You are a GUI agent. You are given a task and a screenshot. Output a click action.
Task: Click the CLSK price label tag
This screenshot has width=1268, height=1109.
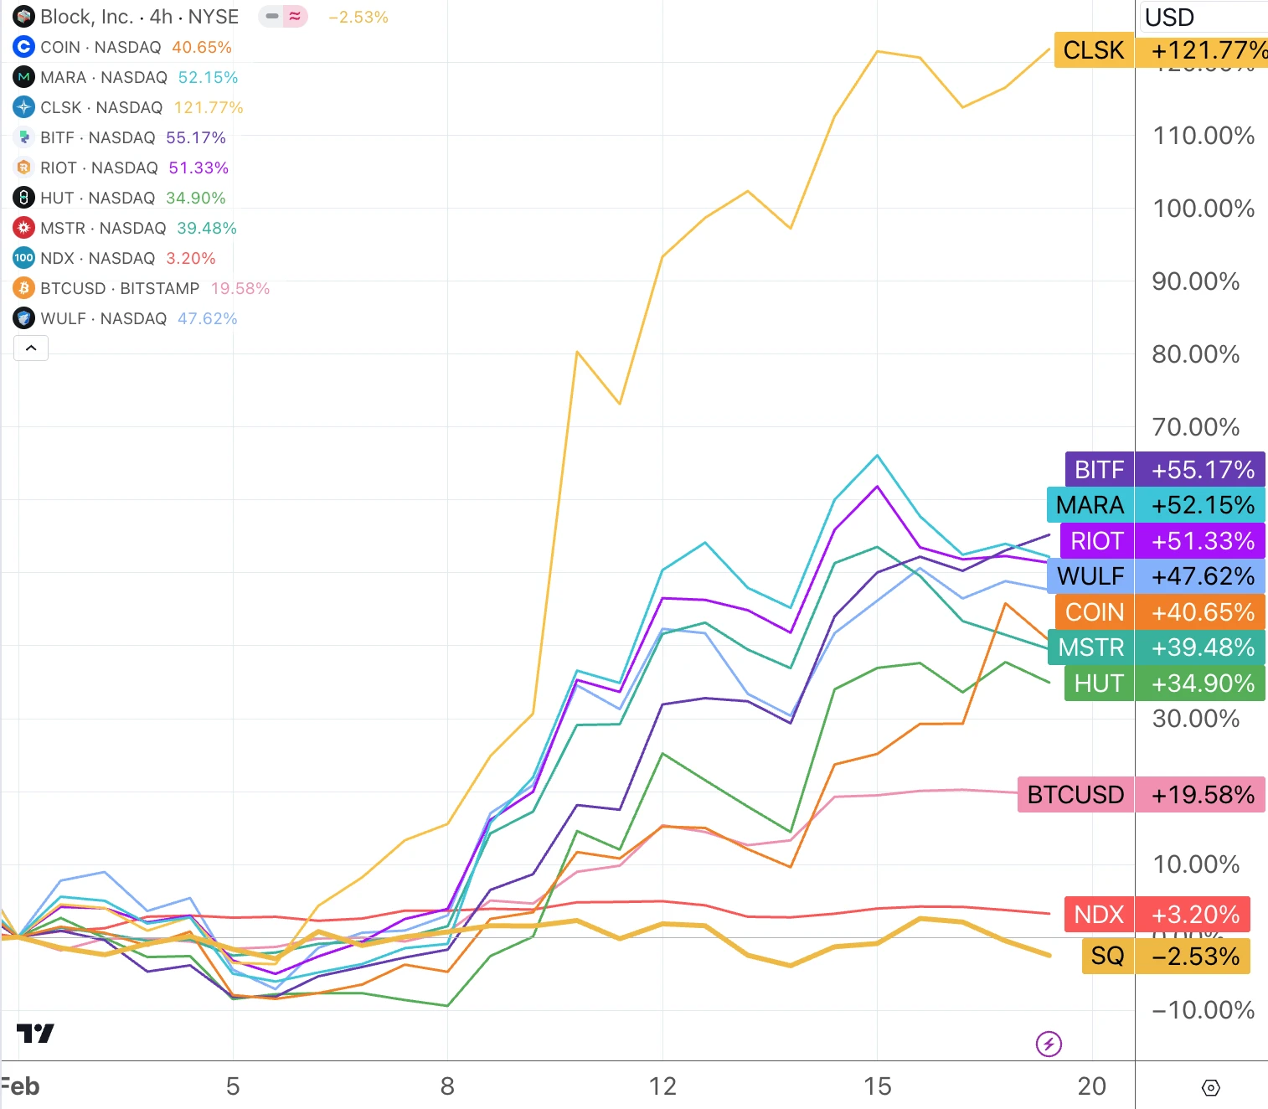[1160, 50]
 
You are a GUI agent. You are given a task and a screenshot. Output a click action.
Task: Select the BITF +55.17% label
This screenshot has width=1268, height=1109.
[1164, 470]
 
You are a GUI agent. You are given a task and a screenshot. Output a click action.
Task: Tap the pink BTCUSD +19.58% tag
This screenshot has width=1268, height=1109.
[1141, 795]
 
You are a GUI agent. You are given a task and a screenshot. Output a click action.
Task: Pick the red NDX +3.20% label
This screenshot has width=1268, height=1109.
[1157, 915]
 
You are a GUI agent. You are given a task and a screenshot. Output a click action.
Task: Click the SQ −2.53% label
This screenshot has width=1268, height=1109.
[1165, 957]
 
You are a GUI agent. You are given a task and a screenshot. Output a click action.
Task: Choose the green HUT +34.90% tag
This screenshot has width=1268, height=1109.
[1164, 683]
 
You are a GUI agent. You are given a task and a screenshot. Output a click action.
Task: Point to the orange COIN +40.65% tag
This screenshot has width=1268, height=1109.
[1159, 612]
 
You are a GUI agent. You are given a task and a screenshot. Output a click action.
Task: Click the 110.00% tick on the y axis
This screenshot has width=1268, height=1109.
[1204, 136]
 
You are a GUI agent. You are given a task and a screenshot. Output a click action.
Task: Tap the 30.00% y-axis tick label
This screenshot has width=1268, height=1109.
[1195, 719]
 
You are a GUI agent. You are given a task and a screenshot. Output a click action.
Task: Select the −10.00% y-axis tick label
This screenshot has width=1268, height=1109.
[1203, 1010]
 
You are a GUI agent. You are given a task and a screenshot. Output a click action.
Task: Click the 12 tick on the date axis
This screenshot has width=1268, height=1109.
[662, 1086]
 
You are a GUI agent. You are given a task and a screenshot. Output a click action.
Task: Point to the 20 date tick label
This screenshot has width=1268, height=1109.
[1091, 1086]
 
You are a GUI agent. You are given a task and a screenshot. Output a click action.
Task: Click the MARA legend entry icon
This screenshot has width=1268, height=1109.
[23, 77]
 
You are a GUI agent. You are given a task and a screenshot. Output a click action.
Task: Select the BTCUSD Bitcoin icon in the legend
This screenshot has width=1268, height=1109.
[23, 288]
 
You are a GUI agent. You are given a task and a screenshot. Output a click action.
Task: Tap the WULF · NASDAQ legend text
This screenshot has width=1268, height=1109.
[104, 318]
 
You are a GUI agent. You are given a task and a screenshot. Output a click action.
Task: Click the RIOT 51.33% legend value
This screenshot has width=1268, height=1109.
[198, 168]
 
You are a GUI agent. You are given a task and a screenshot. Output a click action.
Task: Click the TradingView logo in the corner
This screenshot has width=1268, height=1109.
[35, 1034]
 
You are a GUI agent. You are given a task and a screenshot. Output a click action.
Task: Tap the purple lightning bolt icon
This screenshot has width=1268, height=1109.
[1049, 1044]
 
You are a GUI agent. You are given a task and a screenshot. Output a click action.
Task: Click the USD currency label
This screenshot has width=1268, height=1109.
[1169, 17]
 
